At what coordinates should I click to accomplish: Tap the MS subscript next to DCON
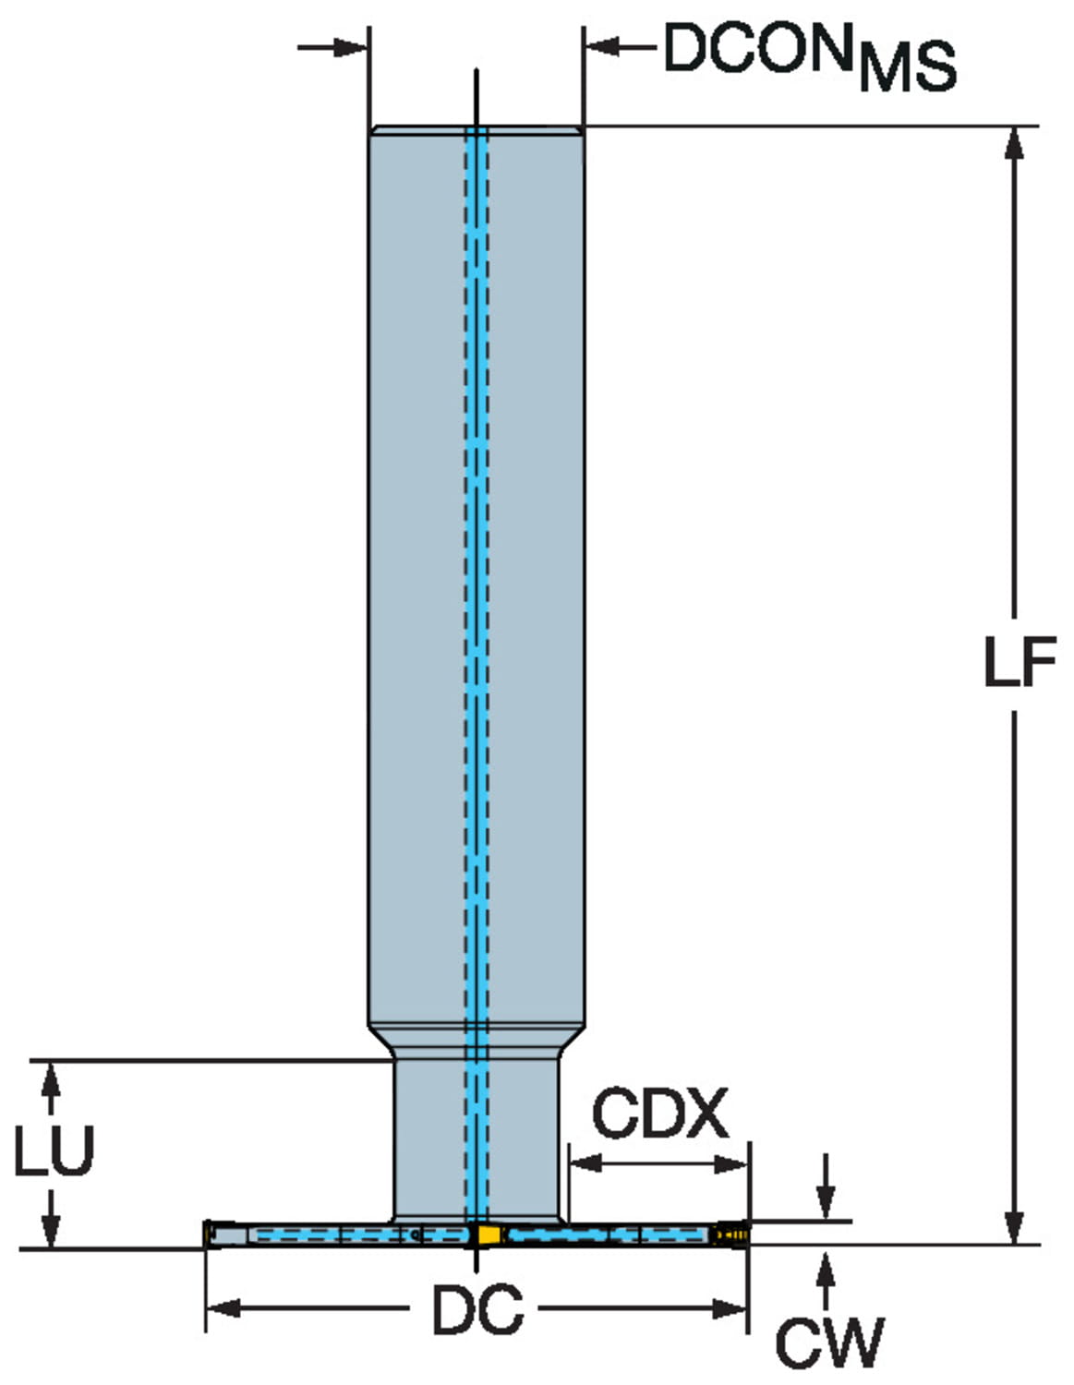point(907,66)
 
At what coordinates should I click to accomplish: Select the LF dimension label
point(1019,662)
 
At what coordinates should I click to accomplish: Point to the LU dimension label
point(54,1150)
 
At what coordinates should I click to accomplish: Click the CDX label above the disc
point(659,1114)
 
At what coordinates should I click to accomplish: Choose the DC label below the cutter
point(477,1309)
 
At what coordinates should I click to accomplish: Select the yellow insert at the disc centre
point(486,1235)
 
